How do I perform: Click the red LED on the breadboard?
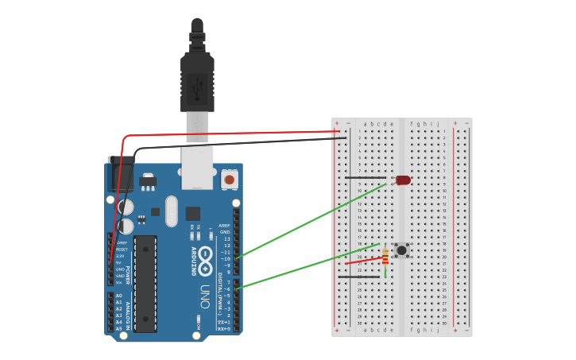coord(404,180)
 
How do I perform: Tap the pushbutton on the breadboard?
coord(402,250)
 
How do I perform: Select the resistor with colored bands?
coord(385,257)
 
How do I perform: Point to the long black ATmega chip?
coord(145,283)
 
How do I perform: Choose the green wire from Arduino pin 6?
coord(310,266)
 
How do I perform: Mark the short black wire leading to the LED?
coord(365,178)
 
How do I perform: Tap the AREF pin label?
coord(226,226)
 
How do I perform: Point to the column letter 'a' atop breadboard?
coord(365,124)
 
